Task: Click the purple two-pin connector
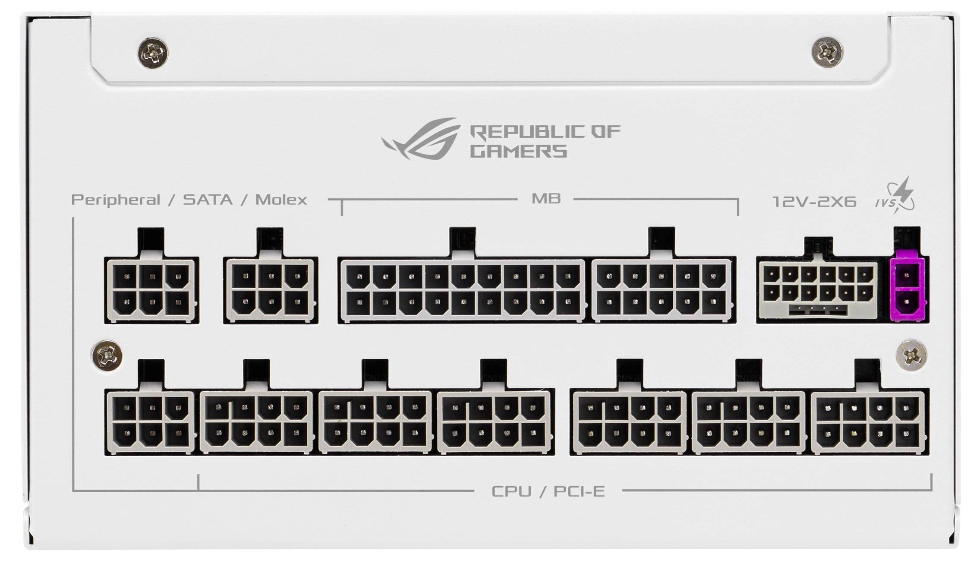click(x=908, y=289)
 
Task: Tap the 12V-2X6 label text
click(x=814, y=202)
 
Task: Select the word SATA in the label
click(x=208, y=200)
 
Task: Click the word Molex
click(x=281, y=200)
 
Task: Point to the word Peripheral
click(x=115, y=200)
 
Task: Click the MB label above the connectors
click(x=546, y=199)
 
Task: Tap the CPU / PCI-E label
click(x=548, y=491)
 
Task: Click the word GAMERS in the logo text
click(x=518, y=152)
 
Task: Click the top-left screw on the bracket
click(x=154, y=53)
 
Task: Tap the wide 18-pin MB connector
click(x=462, y=289)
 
